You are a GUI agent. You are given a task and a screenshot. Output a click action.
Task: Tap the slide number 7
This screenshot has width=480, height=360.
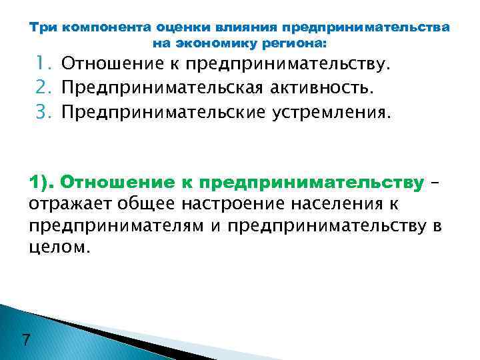(x=25, y=340)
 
